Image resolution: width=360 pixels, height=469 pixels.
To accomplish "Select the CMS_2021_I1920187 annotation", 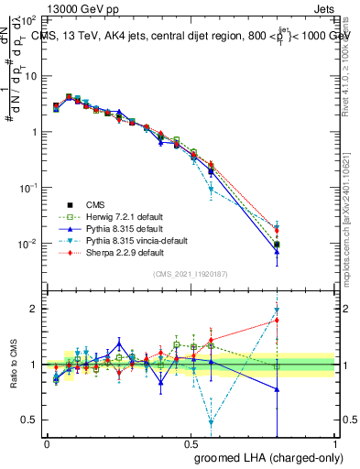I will tap(191, 275).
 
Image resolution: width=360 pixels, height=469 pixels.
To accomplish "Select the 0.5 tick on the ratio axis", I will tap(31, 420).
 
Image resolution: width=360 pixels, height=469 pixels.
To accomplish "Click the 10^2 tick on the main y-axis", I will tap(29, 19).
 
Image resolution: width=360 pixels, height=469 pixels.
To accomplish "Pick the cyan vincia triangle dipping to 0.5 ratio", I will tap(212, 422).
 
